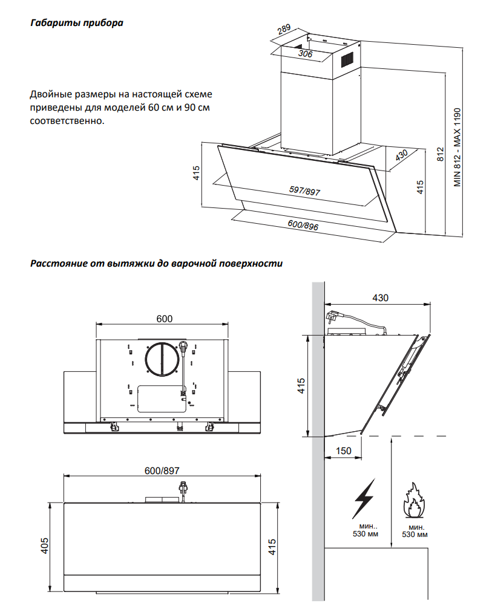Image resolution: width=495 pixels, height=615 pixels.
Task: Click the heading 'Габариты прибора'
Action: click(x=77, y=23)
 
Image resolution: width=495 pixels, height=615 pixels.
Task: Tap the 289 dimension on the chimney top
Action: click(x=283, y=30)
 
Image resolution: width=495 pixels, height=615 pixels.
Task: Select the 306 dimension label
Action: click(x=305, y=53)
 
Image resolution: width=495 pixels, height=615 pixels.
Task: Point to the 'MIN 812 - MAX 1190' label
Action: click(x=457, y=148)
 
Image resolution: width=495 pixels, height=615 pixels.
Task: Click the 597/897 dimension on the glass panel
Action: click(x=304, y=191)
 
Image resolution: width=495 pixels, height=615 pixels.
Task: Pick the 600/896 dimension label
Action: click(x=303, y=225)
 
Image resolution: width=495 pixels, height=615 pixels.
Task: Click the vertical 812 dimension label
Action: click(x=440, y=154)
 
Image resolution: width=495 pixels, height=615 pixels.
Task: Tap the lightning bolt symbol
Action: click(x=364, y=498)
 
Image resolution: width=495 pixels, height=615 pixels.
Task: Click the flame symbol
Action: click(x=414, y=500)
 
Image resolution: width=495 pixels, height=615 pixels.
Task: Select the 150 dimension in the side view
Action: click(x=344, y=451)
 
